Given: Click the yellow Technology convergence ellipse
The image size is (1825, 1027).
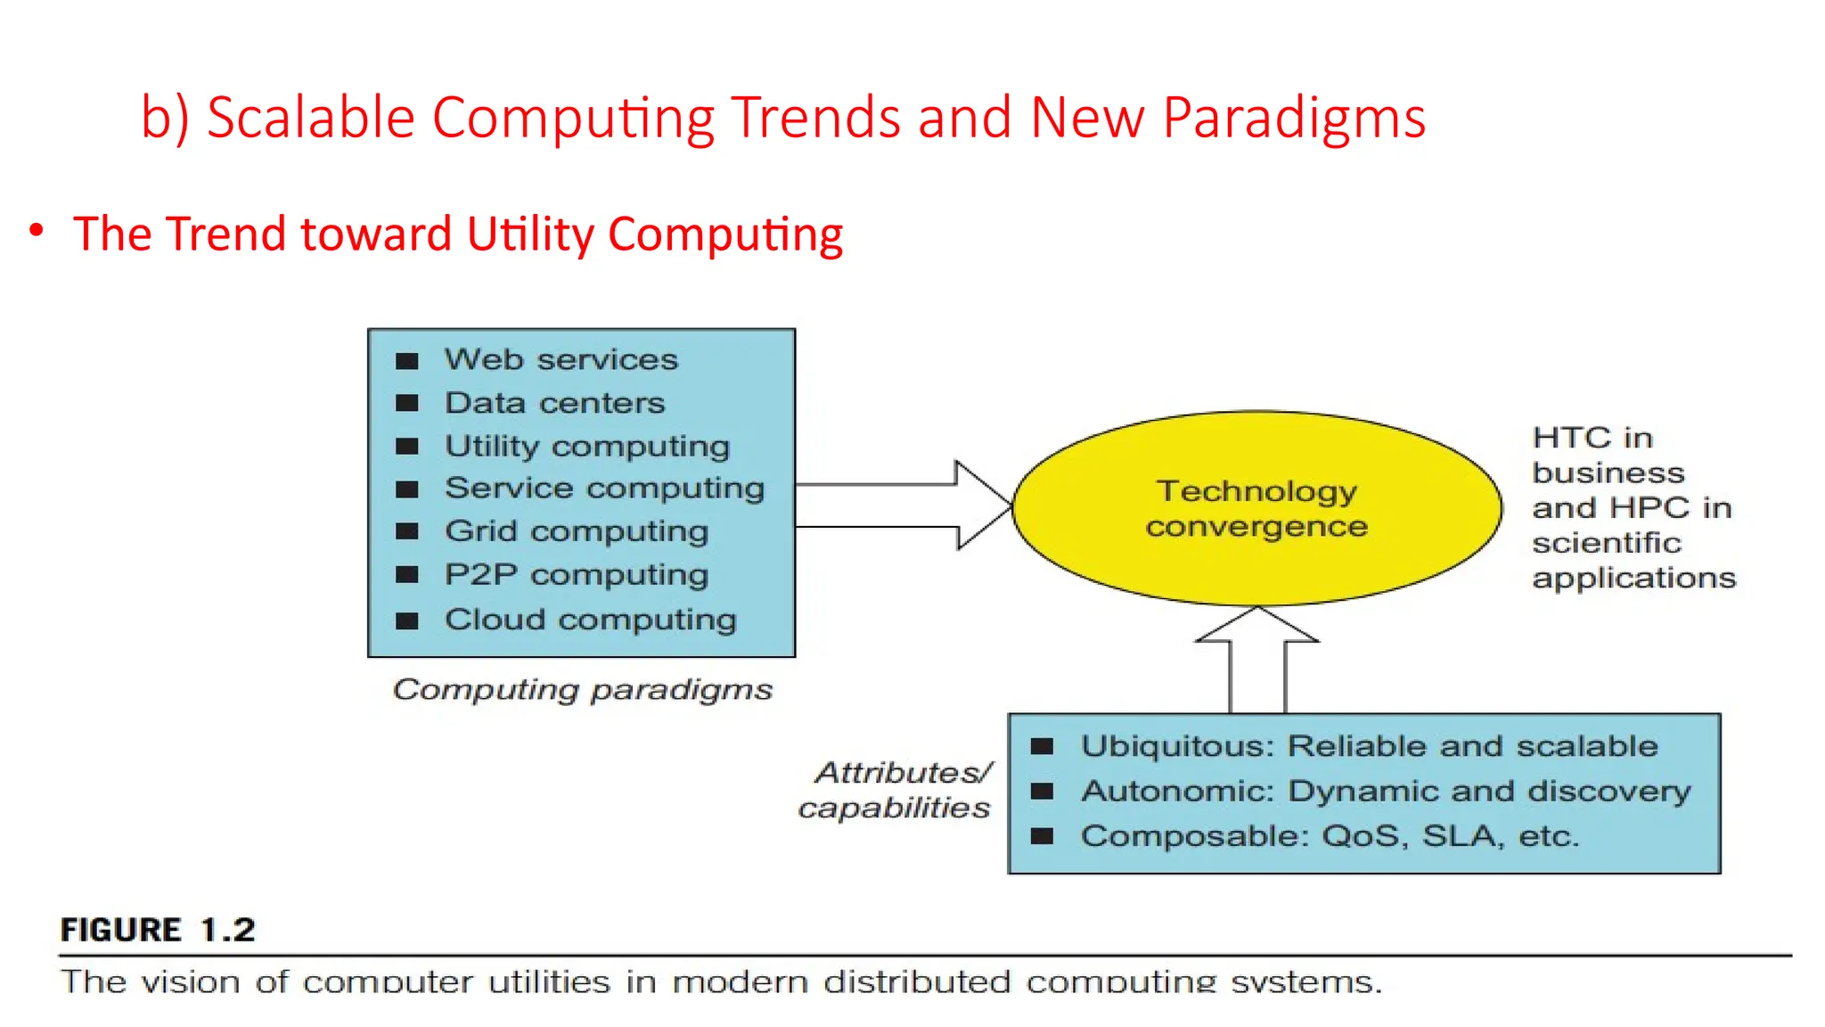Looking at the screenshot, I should point(1256,508).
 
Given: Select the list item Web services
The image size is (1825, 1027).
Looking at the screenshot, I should point(561,359).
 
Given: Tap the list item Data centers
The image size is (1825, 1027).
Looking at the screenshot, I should point(554,403).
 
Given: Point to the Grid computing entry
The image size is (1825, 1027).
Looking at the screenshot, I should point(577,531).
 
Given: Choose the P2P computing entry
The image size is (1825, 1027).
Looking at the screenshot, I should point(577,575).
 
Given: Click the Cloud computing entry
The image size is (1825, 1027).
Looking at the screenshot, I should point(590,620).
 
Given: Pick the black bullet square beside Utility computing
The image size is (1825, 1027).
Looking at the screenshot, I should point(407,446).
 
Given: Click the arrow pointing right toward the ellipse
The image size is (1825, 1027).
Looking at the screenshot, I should point(900,505).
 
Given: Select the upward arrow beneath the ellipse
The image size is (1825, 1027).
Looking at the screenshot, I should point(1257,660).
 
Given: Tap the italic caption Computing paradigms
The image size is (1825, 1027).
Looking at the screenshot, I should point(582,690).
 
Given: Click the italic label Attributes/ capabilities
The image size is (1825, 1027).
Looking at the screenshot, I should point(896,790).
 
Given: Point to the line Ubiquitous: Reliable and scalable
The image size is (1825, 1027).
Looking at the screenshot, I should point(1369,746).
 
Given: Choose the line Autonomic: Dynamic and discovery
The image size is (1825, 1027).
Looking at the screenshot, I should point(1386,792).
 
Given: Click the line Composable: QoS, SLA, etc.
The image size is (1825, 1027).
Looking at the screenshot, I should point(1330,836).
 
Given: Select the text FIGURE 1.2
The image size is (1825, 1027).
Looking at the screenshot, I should point(158,930).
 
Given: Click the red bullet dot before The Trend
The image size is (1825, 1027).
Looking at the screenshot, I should point(37,231).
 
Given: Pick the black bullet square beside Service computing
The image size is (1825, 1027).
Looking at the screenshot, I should point(407,489).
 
